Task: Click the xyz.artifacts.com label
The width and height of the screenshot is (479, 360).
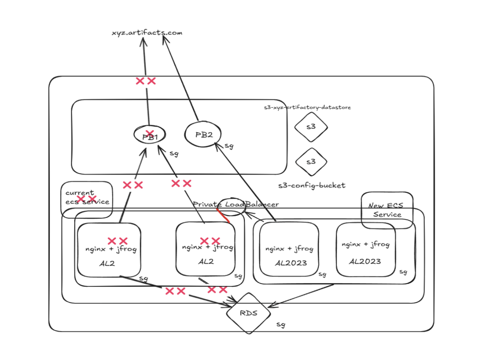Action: pos(147,32)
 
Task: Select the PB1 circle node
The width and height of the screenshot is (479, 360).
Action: pos(150,135)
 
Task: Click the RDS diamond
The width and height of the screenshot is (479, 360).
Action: pos(249,313)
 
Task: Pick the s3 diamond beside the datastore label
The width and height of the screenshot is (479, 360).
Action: pos(311,127)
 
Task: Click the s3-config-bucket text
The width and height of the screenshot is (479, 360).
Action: pos(312,185)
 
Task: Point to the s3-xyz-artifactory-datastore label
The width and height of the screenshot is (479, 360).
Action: pos(307,107)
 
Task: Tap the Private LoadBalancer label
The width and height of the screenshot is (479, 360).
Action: pos(235,204)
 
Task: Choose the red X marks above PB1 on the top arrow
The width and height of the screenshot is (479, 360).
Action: pos(146,81)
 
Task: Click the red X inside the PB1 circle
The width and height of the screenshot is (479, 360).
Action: pos(149,133)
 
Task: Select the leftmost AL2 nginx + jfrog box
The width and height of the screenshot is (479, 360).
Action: pos(109,250)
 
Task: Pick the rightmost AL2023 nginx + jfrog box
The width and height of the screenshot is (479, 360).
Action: pos(365,250)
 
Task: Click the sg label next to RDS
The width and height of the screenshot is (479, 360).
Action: pos(281,325)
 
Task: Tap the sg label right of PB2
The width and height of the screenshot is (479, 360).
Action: pos(230,146)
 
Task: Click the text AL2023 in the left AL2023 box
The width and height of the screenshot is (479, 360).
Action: pos(291,263)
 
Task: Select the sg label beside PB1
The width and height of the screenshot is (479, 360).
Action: pos(174,154)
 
